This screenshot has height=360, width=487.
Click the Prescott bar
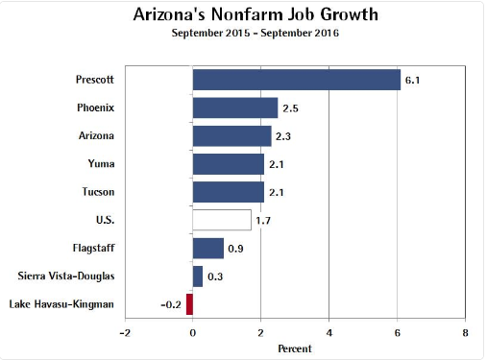[x=296, y=79]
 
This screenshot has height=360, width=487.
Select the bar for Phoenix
[x=235, y=108]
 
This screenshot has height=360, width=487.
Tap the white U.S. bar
[x=222, y=220]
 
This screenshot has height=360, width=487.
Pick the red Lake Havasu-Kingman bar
[x=189, y=304]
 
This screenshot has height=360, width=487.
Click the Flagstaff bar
[x=207, y=249]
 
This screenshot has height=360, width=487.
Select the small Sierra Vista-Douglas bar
[x=198, y=276]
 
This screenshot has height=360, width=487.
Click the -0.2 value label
[x=170, y=305]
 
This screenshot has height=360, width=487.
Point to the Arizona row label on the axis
[x=96, y=135]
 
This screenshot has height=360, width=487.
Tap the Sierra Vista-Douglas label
[x=67, y=276]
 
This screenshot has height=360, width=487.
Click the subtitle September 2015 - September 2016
[x=243, y=35]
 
